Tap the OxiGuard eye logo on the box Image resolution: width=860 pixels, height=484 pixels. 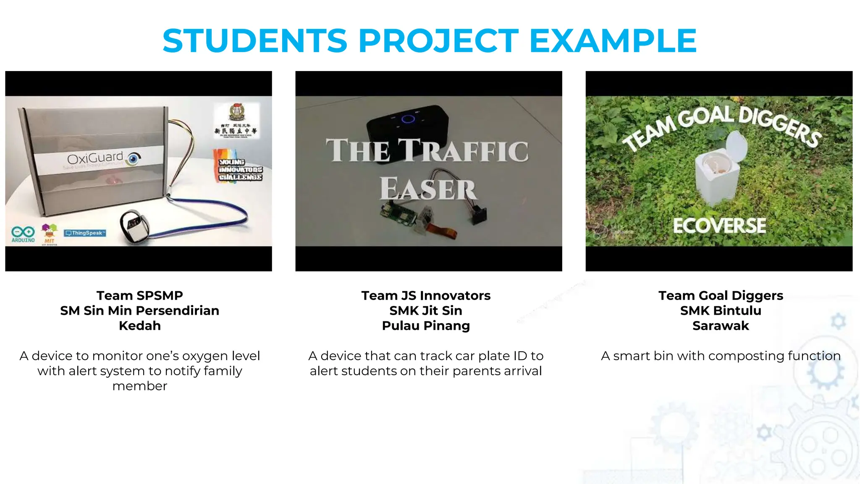click(134, 158)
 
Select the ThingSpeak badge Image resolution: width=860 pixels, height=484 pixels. click(85, 233)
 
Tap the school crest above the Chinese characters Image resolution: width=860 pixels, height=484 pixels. click(236, 112)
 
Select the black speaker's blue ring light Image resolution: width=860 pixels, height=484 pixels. click(408, 119)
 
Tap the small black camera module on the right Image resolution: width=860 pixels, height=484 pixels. click(479, 214)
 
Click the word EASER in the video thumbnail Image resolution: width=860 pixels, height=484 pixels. click(428, 189)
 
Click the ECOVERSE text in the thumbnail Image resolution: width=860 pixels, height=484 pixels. click(719, 226)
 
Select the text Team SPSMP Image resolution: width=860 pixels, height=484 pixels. click(139, 295)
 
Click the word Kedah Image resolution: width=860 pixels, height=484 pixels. click(139, 326)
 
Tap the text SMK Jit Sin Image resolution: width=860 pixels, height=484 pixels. click(425, 310)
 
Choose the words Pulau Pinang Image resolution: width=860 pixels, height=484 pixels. click(425, 326)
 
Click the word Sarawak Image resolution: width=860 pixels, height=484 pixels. click(720, 326)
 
